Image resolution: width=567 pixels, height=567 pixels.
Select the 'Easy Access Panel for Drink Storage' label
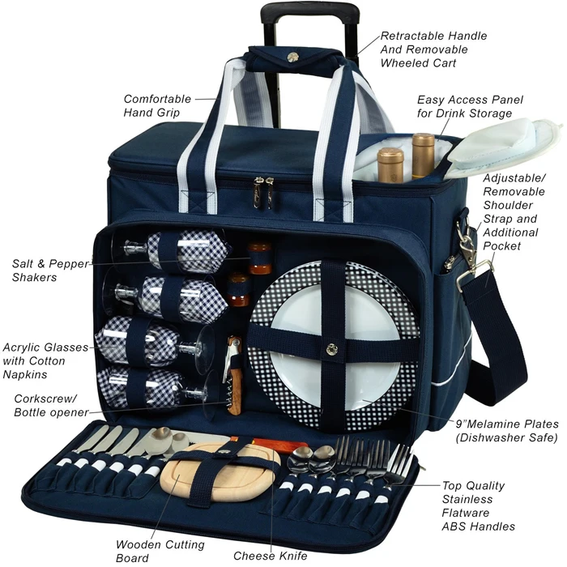pos(470,106)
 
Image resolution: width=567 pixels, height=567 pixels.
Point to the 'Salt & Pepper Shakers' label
pos(45,270)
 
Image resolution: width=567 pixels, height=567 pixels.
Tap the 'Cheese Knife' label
pos(271,556)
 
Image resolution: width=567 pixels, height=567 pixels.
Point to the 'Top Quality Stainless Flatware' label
pos(478,505)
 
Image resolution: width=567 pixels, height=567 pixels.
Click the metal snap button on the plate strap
pos(330,351)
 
